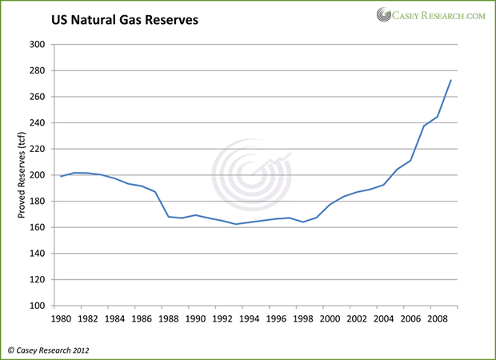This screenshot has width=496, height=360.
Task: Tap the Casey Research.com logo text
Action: pyautogui.click(x=436, y=14)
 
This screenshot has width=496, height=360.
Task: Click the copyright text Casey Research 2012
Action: pyautogui.click(x=49, y=349)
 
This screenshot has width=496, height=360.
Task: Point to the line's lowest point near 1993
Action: pyautogui.click(x=235, y=224)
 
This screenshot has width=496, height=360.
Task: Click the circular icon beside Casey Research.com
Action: pyautogui.click(x=383, y=14)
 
